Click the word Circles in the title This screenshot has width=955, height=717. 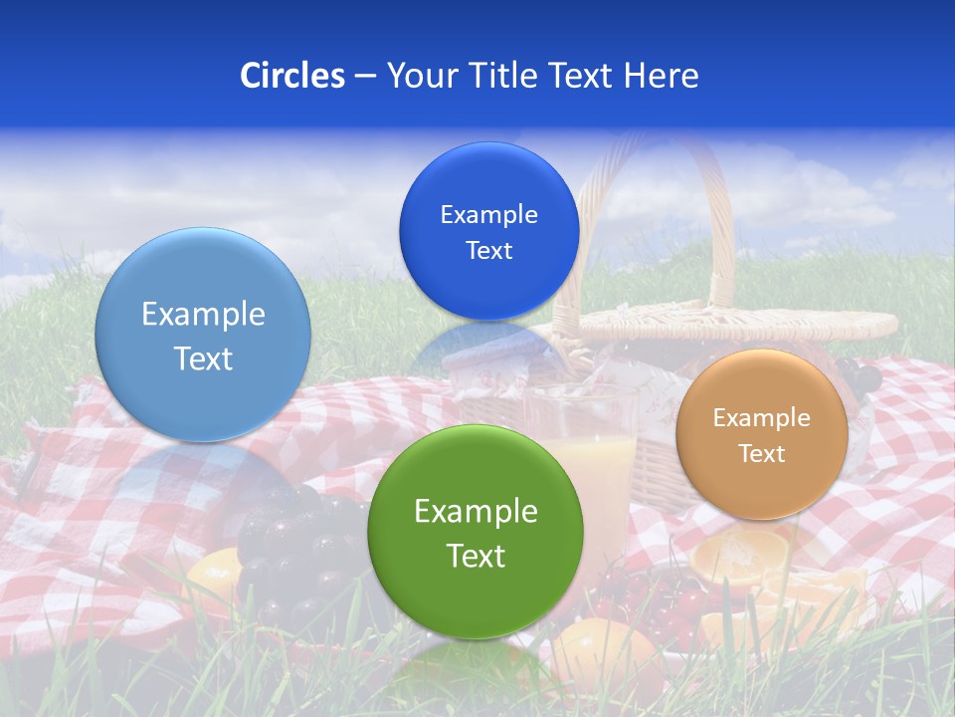[291, 76]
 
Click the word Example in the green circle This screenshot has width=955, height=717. [476, 512]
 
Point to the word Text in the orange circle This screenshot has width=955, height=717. [761, 454]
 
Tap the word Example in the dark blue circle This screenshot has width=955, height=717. [488, 215]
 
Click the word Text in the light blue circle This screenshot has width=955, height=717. [203, 358]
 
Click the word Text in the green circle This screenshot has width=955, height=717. [476, 556]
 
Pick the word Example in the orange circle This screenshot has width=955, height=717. [761, 418]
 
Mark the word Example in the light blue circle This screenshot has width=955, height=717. [203, 315]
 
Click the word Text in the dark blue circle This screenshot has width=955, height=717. [488, 251]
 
